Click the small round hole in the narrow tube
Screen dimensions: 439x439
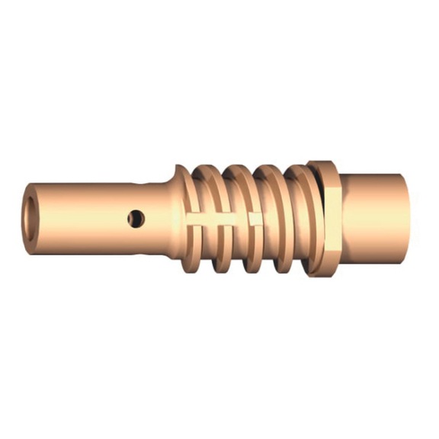pyautogui.click(x=136, y=219)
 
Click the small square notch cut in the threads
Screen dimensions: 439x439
pyautogui.click(x=255, y=219)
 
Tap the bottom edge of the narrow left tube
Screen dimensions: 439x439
pyautogui.click(x=91, y=250)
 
